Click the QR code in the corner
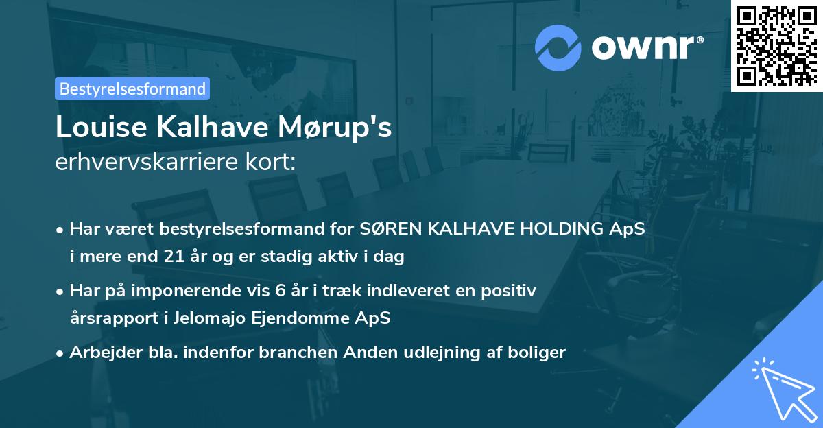tap(777, 45)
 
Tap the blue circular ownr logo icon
tap(558, 48)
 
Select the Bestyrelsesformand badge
tap(132, 88)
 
